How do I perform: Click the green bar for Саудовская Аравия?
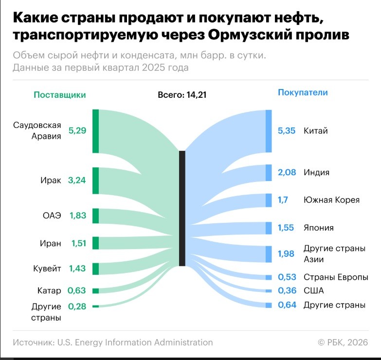(95, 131)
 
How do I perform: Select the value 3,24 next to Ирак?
(77, 180)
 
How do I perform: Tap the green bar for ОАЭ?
(95, 216)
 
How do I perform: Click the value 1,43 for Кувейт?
(77, 269)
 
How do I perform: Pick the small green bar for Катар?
(95, 291)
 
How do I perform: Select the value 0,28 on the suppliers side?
(77, 306)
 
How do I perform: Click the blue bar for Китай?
(269, 131)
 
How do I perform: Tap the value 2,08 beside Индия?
(287, 172)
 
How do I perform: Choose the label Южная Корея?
(331, 200)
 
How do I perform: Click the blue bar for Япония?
(269, 228)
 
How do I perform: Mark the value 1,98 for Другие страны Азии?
(287, 254)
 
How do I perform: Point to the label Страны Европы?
(336, 277)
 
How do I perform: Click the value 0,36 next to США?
(287, 291)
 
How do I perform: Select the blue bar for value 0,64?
(269, 305)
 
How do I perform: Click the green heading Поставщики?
(60, 95)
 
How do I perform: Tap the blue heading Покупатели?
(303, 92)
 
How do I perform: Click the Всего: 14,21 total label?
(182, 95)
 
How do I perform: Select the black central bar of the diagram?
(182, 208)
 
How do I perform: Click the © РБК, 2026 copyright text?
(343, 342)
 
